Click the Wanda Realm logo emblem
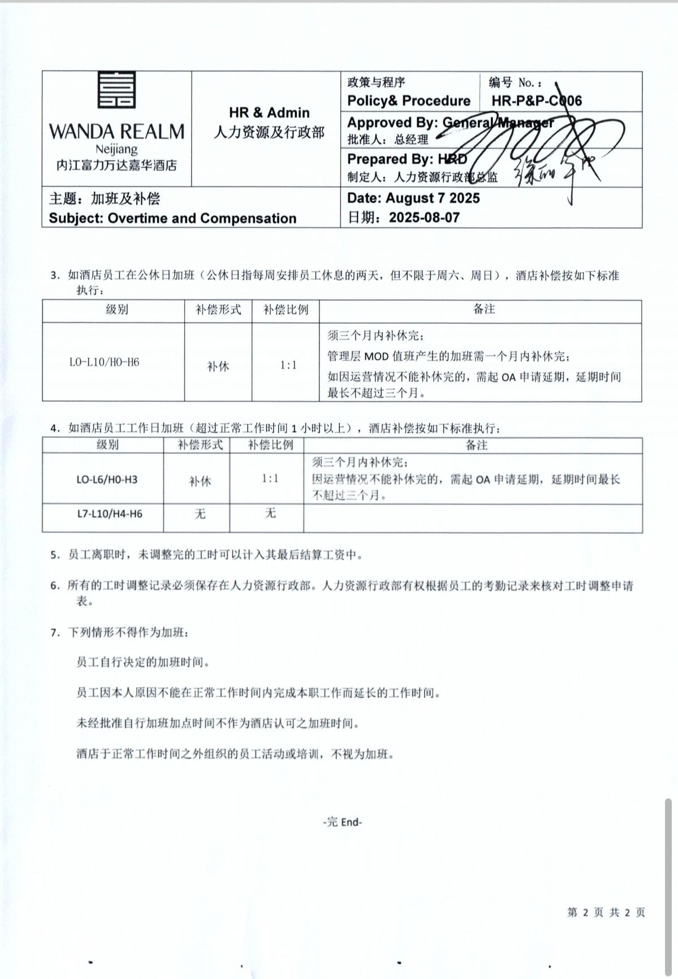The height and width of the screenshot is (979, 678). click(116, 89)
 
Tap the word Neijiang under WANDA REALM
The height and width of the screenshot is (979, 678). click(116, 149)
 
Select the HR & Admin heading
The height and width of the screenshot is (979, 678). click(269, 112)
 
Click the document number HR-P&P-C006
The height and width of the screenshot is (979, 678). click(536, 101)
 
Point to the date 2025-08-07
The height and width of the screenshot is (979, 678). click(424, 217)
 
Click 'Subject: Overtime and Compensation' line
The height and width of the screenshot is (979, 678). click(172, 218)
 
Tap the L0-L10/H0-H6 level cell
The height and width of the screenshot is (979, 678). click(104, 362)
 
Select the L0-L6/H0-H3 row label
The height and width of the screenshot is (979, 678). click(107, 480)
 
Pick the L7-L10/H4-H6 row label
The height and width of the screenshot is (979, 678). click(110, 514)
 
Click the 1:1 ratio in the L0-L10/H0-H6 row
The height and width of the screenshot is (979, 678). click(288, 365)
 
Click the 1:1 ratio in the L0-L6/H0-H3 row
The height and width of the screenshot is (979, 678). click(270, 478)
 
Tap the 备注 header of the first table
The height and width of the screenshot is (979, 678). click(484, 309)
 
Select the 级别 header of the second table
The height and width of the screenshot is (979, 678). click(107, 445)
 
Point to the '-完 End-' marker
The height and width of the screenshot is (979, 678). click(342, 822)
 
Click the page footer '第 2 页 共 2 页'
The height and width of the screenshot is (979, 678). click(606, 912)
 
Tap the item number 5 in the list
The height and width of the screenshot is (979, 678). click(54, 555)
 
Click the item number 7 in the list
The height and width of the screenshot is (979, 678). click(54, 633)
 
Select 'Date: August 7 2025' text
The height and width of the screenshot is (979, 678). click(413, 198)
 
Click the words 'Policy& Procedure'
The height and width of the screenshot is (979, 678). click(409, 101)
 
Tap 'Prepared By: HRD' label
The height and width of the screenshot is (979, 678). click(407, 159)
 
